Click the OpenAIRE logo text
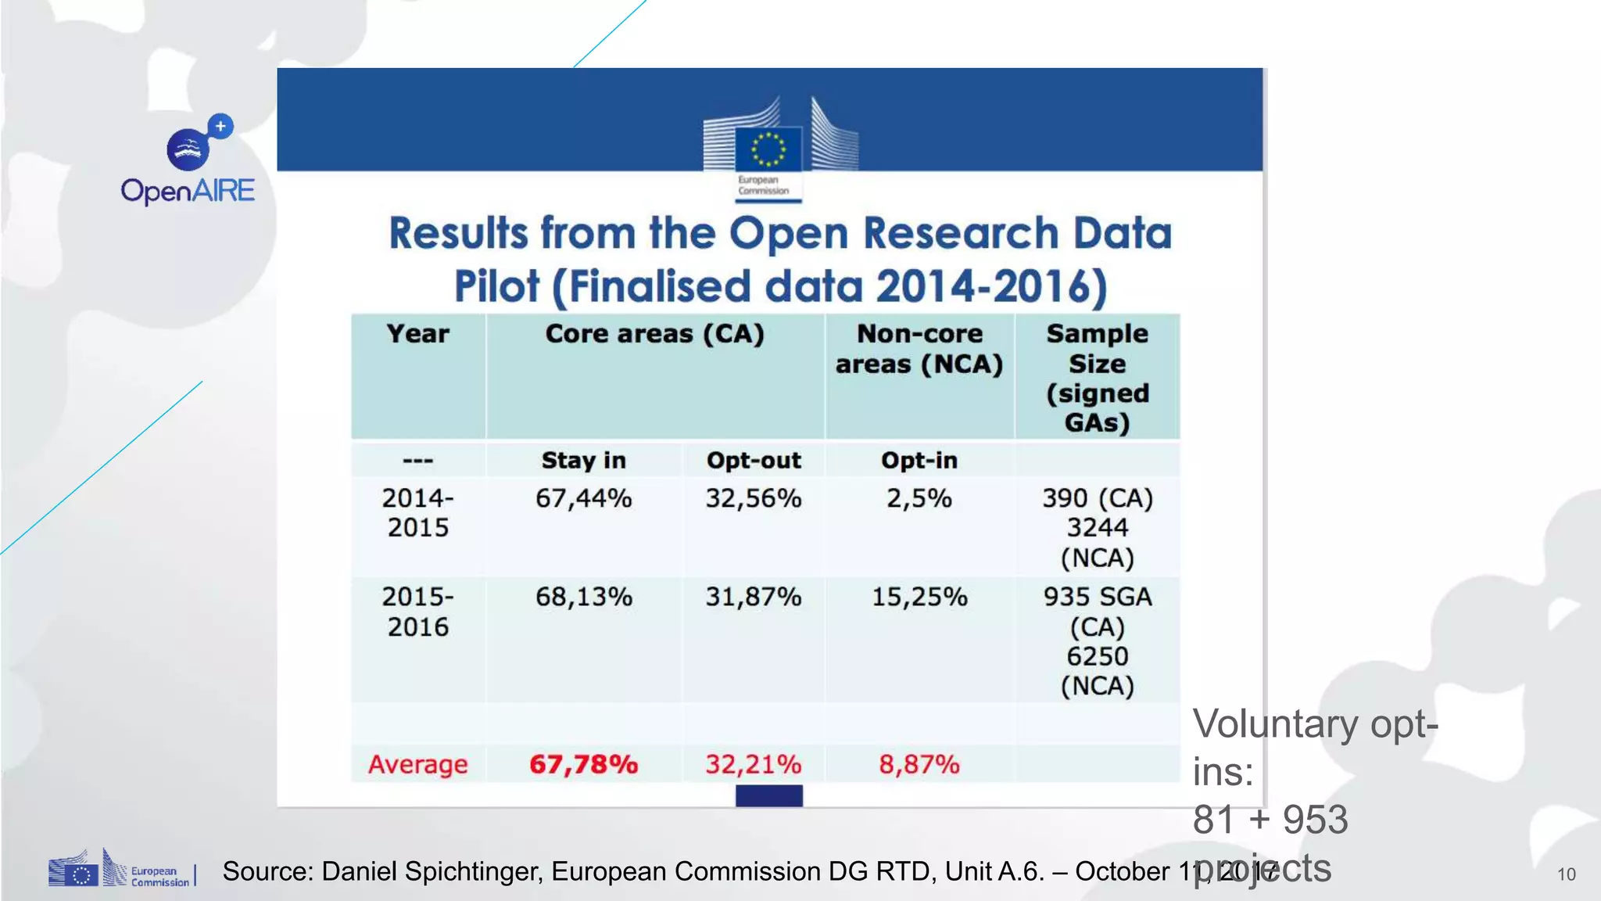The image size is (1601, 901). [188, 191]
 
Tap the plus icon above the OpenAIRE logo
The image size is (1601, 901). [220, 126]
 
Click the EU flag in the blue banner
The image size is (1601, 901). [768, 149]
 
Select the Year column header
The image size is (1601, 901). [418, 334]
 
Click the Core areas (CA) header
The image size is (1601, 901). [654, 334]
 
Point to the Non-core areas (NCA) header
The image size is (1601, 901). [919, 349]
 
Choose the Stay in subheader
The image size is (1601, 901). [583, 461]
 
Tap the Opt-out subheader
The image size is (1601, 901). [754, 461]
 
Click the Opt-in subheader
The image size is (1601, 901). [919, 461]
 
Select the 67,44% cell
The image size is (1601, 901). [583, 498]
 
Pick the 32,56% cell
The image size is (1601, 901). [754, 498]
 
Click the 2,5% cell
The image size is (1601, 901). [919, 498]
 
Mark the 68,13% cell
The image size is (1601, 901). [583, 597]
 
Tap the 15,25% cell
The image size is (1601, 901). [919, 597]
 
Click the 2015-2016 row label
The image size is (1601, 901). [418, 612]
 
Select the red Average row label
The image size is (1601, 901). [418, 764]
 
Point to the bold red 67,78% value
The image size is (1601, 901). [583, 764]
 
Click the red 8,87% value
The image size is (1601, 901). [919, 764]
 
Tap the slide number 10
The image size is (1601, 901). [1566, 874]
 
